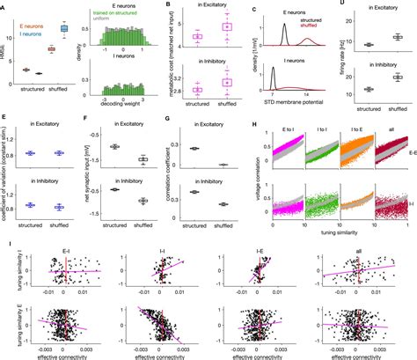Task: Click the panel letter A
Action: [4, 4]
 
